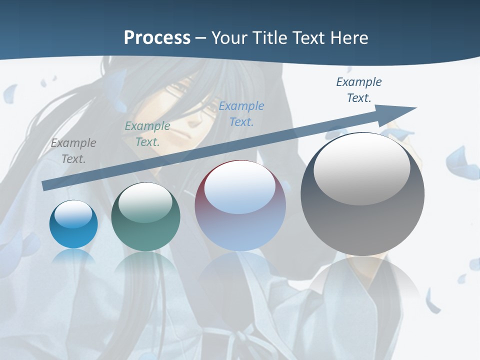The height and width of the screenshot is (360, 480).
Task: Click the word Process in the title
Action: click(x=157, y=37)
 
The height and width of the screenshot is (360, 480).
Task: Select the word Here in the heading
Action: click(x=350, y=37)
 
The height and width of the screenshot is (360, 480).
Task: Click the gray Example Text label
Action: click(x=73, y=150)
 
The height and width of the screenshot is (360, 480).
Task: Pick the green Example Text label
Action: click(x=147, y=133)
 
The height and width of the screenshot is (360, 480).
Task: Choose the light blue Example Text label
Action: click(x=241, y=113)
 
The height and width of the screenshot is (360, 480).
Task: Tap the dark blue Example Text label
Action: click(x=358, y=89)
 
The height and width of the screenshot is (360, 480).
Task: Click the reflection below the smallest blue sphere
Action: click(x=73, y=257)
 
